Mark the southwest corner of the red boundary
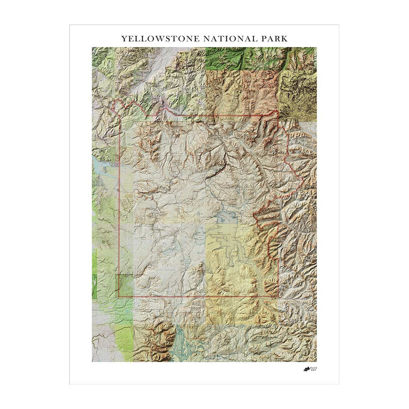click(x=119, y=296)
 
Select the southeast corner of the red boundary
click(x=278, y=297)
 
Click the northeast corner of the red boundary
click(x=275, y=113)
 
